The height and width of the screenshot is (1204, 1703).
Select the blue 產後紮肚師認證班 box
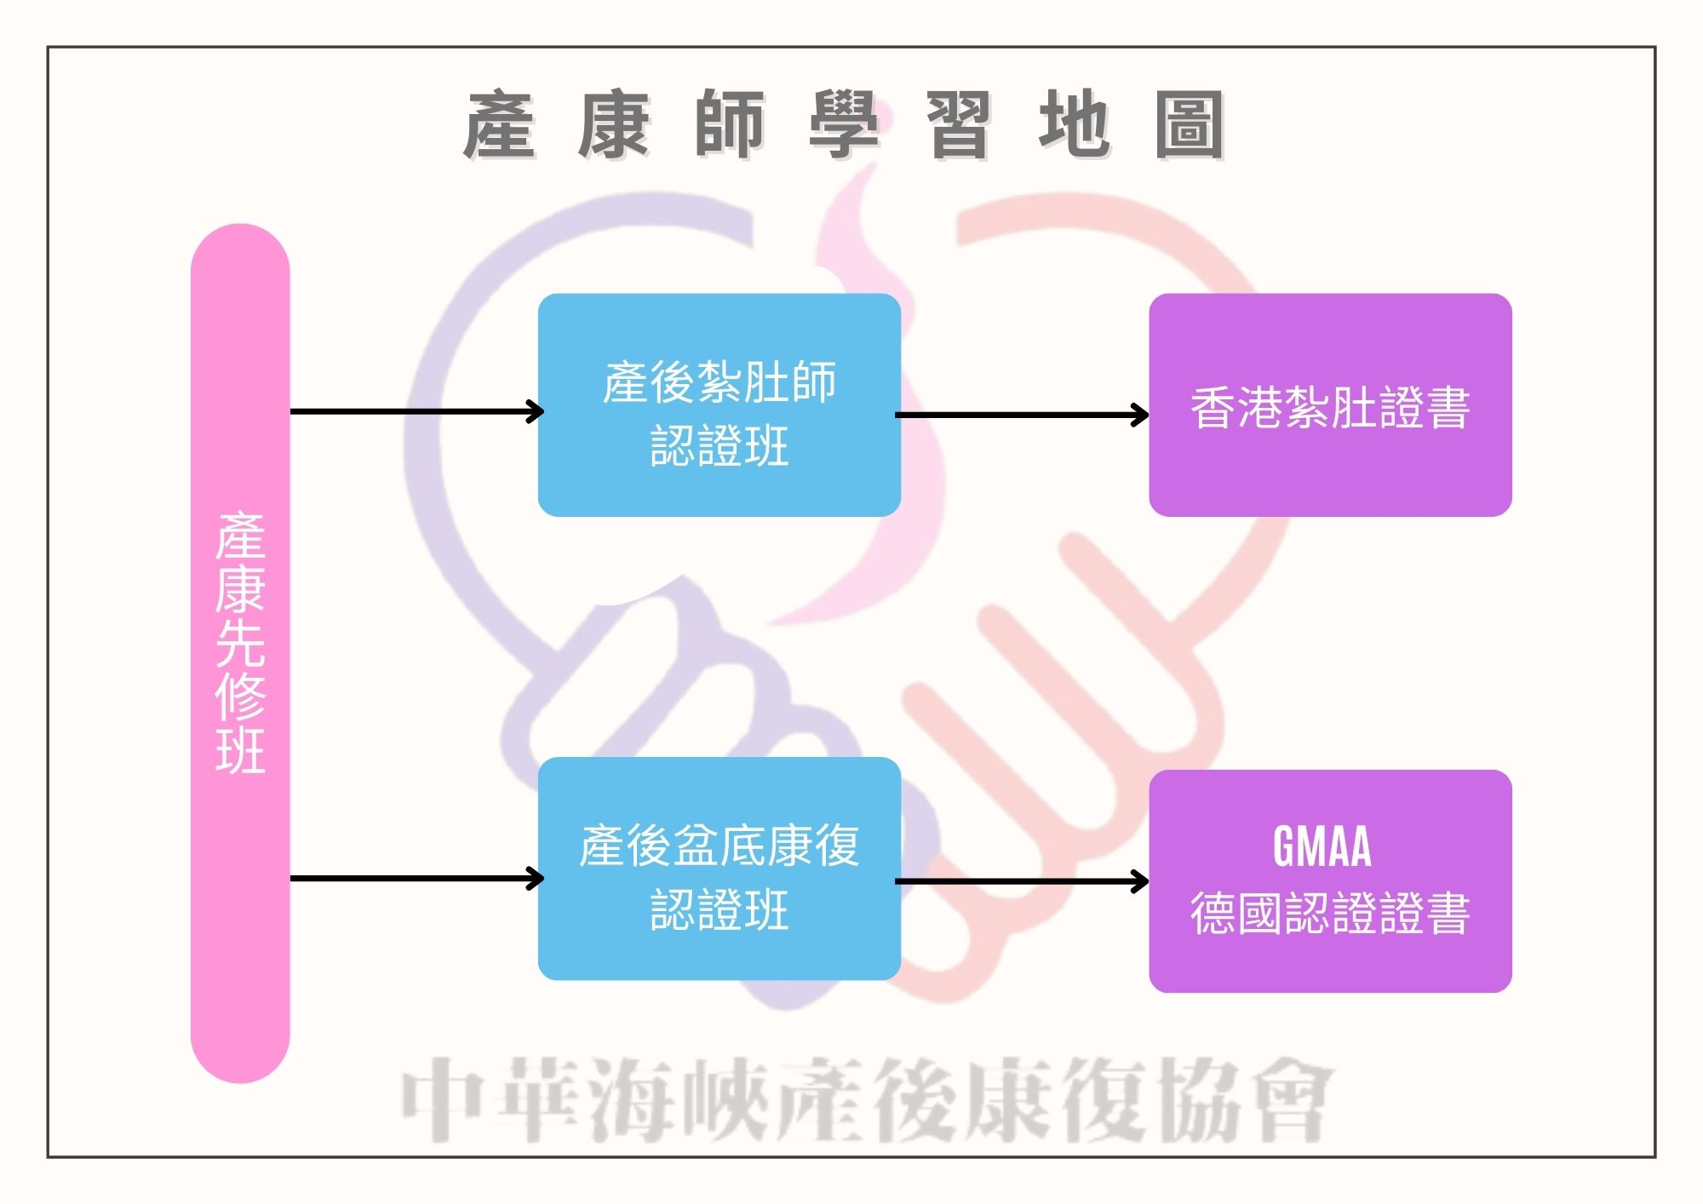[719, 405]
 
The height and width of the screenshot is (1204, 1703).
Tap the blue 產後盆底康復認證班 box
[719, 869]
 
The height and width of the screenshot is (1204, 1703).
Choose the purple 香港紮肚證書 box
[1330, 405]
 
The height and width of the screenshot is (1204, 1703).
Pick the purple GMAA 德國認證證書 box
[1330, 880]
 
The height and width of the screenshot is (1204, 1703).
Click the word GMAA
[1322, 846]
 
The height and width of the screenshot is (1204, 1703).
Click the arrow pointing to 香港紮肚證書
[1022, 416]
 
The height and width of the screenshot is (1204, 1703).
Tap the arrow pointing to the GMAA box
[1022, 881]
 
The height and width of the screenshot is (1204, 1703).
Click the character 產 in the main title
[500, 125]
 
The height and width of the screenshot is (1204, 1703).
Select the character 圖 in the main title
[1190, 125]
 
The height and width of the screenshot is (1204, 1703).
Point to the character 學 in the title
[843, 125]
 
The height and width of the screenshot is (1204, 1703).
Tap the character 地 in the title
[1074, 125]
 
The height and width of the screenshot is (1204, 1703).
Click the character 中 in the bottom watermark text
[443, 1098]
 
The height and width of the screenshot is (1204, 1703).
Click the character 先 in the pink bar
[240, 643]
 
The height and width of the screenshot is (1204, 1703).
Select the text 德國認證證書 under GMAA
[1330, 914]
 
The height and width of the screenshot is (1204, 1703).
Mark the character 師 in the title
[730, 125]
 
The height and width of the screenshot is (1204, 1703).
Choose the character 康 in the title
[614, 125]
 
